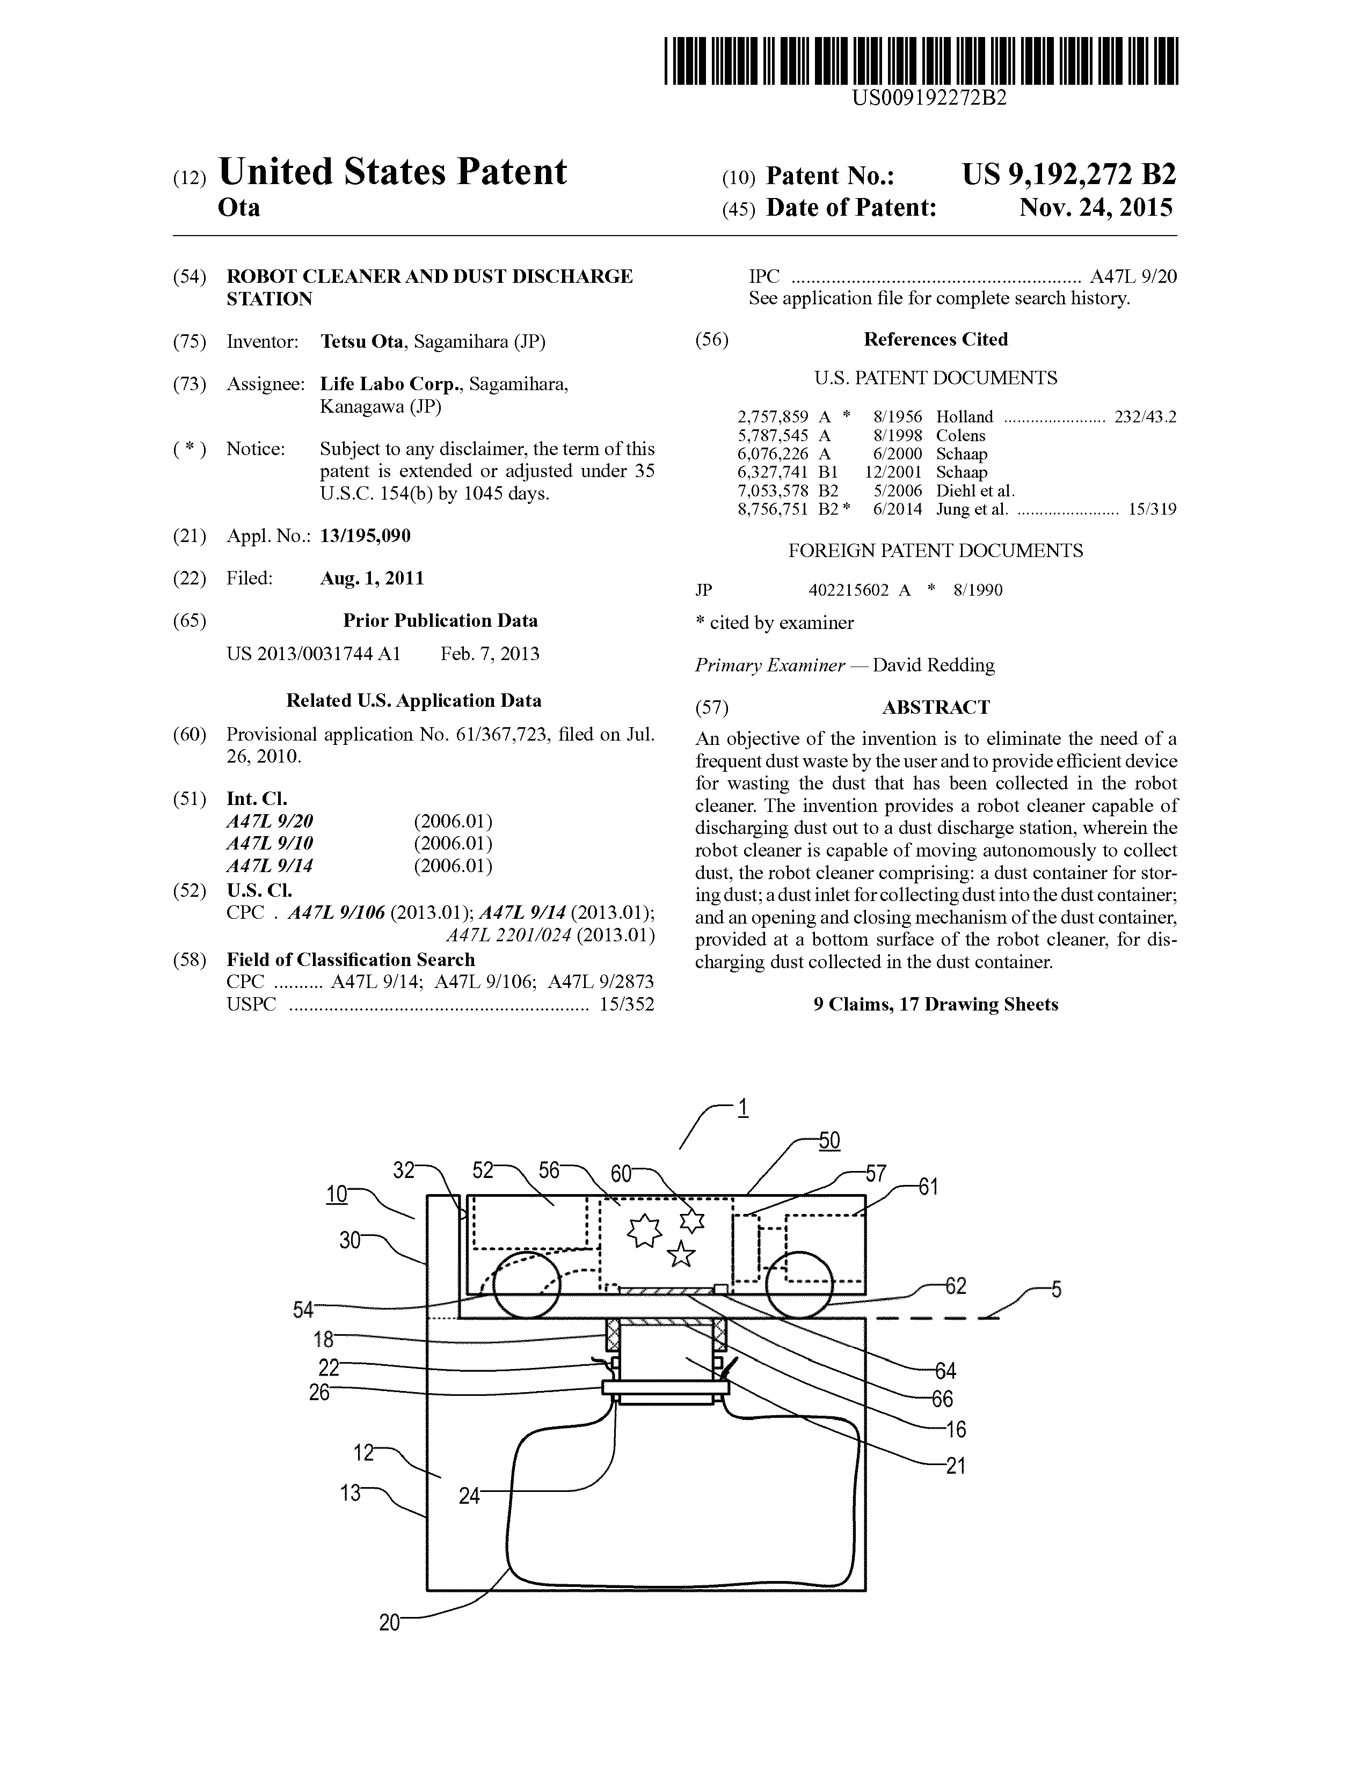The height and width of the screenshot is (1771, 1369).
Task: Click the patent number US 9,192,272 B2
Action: coord(1069,175)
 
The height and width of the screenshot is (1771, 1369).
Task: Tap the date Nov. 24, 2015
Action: coord(1096,208)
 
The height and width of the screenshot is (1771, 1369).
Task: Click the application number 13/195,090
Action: coord(366,536)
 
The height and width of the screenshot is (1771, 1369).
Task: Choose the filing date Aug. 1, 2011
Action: coord(372,578)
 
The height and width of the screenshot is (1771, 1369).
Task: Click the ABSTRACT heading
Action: coord(936,707)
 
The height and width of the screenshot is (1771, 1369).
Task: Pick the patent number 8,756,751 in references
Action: coord(773,509)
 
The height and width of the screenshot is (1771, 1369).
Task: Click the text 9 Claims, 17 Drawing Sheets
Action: coord(936,1004)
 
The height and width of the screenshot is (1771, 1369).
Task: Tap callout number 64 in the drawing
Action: coord(945,1371)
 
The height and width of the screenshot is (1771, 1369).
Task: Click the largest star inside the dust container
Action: coord(644,1232)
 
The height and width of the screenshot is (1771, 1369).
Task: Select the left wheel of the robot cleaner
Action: coord(525,1287)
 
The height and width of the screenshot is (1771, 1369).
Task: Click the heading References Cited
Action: coord(936,340)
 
